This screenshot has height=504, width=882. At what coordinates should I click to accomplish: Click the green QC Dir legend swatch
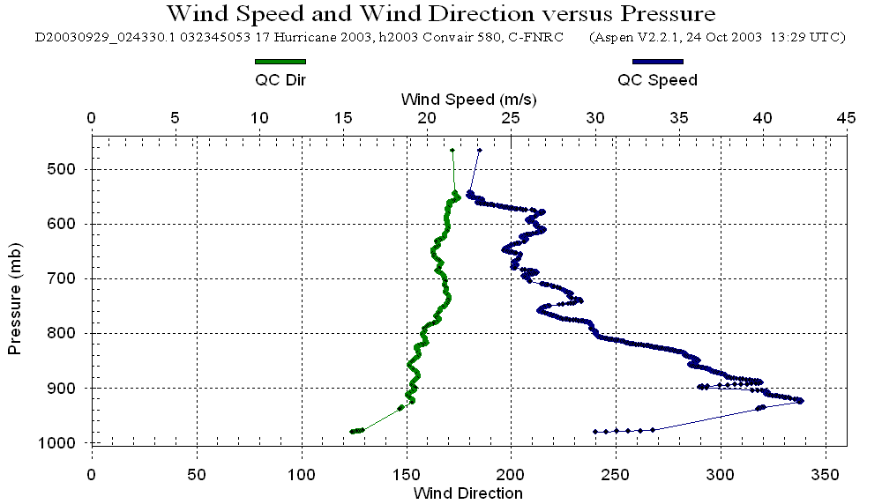coord(280,62)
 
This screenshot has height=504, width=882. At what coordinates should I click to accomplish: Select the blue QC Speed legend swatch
coord(658,62)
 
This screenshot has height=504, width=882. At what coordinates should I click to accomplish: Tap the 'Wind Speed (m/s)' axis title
coord(468,98)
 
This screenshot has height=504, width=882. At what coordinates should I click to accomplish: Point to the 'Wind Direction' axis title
coord(467,493)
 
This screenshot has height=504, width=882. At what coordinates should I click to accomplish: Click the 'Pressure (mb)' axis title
coord(14,295)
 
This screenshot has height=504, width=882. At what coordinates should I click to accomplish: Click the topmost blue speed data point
coord(479,151)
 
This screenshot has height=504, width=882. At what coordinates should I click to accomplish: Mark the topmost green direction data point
coord(452,151)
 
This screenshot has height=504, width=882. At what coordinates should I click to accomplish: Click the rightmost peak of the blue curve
coord(800,401)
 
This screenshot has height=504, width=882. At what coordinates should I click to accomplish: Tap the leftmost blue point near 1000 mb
coord(595,432)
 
